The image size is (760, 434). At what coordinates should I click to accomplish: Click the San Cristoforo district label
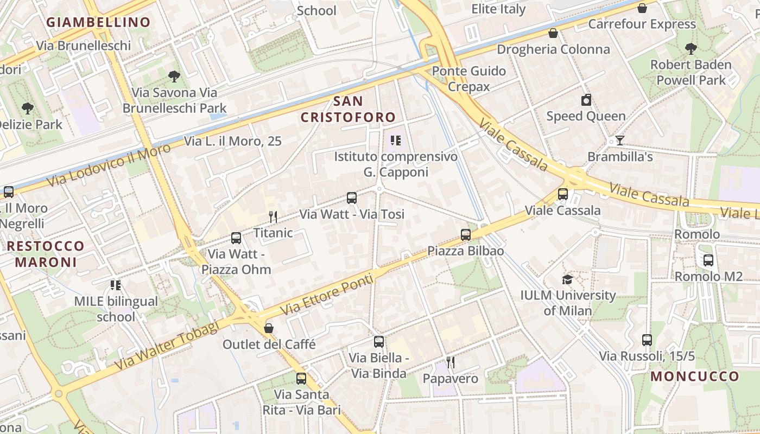[x=348, y=109]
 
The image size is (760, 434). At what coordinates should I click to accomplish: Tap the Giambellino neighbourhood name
[x=98, y=22]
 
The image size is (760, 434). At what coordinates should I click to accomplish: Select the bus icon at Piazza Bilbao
[x=466, y=235]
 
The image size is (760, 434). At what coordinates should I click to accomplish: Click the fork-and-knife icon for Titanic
[x=273, y=217]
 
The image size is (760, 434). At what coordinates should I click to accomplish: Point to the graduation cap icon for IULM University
[x=567, y=279]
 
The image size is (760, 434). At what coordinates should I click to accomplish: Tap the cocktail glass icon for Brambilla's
[x=619, y=141]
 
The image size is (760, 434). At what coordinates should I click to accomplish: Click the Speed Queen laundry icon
[x=586, y=100]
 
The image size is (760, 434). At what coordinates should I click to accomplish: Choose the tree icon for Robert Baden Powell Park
[x=691, y=49]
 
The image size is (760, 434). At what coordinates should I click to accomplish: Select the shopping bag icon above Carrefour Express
[x=642, y=8]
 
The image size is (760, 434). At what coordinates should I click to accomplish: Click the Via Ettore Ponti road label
[x=327, y=295]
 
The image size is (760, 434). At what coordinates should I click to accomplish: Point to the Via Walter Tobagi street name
[x=167, y=346]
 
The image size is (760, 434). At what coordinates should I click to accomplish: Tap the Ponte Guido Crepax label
[x=468, y=79]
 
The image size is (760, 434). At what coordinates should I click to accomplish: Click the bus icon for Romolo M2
[x=708, y=260]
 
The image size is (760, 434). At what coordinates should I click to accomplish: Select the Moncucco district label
[x=695, y=376]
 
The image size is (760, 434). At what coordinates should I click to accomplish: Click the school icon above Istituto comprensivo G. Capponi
[x=396, y=141]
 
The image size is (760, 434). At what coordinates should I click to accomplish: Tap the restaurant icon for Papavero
[x=450, y=362]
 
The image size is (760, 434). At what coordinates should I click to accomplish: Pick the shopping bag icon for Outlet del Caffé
[x=268, y=328]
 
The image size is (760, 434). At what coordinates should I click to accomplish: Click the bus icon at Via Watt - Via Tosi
[x=352, y=198]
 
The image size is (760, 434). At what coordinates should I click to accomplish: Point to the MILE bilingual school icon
[x=115, y=285]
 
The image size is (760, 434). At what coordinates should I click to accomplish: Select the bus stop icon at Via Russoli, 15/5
[x=647, y=340]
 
